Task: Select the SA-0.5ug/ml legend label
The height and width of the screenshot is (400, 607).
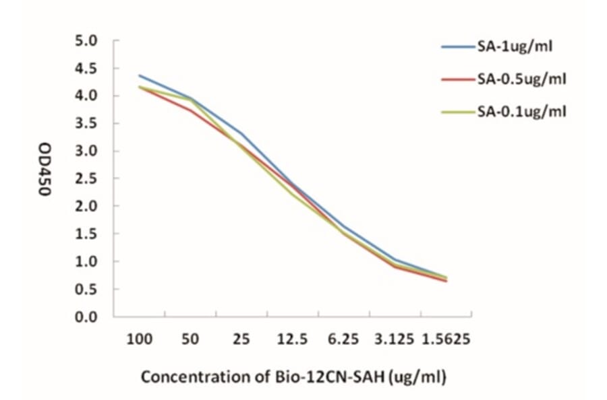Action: pyautogui.click(x=521, y=79)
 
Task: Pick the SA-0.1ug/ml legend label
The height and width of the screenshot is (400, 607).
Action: pyautogui.click(x=521, y=111)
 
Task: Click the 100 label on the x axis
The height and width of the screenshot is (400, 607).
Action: pyautogui.click(x=139, y=339)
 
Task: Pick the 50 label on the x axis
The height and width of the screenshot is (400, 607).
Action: pyautogui.click(x=190, y=339)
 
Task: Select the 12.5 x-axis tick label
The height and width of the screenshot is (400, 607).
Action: pyautogui.click(x=292, y=339)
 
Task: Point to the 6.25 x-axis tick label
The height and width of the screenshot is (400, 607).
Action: pyautogui.click(x=343, y=339)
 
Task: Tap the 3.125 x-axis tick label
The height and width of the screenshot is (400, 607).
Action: pyautogui.click(x=395, y=339)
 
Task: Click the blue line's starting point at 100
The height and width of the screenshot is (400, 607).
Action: pyautogui.click(x=139, y=75)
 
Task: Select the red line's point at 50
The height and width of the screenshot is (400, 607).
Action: pyautogui.click(x=190, y=110)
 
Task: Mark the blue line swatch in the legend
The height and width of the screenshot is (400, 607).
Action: pyautogui.click(x=458, y=47)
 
